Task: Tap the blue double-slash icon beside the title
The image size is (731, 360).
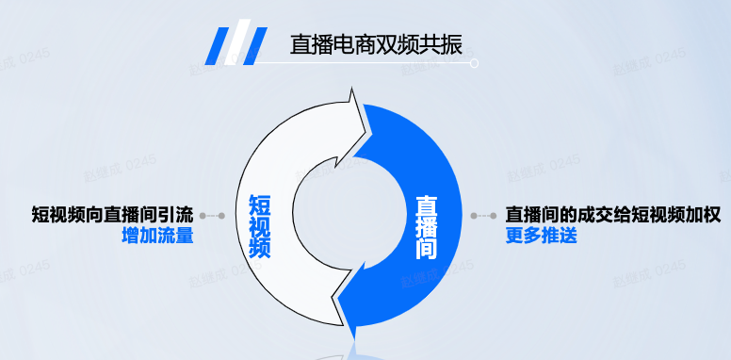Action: coord(236,44)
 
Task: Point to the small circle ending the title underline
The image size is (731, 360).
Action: coord(475,64)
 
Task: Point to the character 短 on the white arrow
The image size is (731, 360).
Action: coord(260,204)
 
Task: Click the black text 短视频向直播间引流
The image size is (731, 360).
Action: coord(112,215)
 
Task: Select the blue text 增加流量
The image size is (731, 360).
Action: coord(157,236)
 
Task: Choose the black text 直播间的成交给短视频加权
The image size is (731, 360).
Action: coord(613,215)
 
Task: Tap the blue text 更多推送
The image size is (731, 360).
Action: coord(541,236)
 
